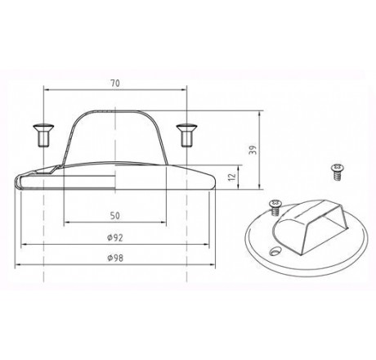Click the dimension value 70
pyautogui.click(x=116, y=83)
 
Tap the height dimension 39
pyautogui.click(x=254, y=149)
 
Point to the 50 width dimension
pyautogui.click(x=116, y=215)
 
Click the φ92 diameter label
pyautogui.click(x=116, y=238)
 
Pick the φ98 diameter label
pyautogui.click(x=116, y=258)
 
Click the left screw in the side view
pyautogui.click(x=42, y=133)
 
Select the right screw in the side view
pyautogui.click(x=188, y=133)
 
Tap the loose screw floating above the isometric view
pyautogui.click(x=335, y=169)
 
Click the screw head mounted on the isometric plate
pyautogui.click(x=274, y=202)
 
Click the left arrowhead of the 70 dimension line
pyautogui.click(x=46, y=90)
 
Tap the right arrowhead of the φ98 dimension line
pyautogui.click(x=215, y=266)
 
